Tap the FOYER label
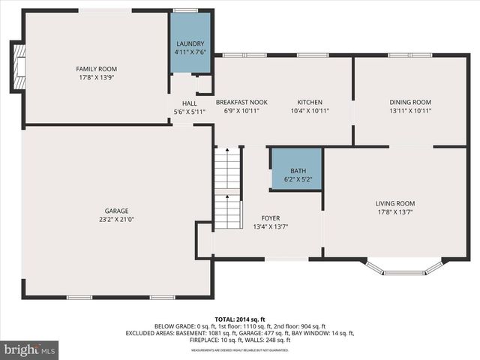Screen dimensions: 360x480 coord(271,218)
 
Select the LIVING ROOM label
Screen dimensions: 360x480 coord(395,203)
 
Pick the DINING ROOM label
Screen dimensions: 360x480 coord(410,102)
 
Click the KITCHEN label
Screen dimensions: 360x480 coord(310,102)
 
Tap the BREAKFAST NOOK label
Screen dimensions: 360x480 coord(241,102)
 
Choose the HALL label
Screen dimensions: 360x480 coord(189,103)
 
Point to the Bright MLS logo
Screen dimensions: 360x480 coord(30,349)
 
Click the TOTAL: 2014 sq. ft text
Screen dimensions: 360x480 coord(240,319)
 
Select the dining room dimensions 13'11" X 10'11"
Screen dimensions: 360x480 coord(410,111)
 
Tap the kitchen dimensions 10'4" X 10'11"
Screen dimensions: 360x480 coord(310,111)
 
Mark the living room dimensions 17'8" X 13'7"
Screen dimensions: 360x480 coord(395,212)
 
